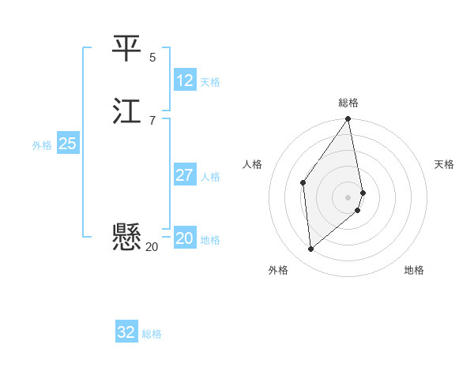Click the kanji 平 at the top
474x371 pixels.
126,48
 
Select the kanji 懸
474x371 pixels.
126,236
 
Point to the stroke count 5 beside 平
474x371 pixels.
152,57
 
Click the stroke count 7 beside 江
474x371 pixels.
152,120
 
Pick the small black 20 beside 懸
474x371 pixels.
152,247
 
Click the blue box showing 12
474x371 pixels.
185,81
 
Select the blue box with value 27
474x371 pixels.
185,175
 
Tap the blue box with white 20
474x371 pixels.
185,238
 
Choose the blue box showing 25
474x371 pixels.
67,144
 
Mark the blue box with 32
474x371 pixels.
126,332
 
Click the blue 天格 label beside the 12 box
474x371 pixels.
210,82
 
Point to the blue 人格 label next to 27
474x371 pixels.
210,177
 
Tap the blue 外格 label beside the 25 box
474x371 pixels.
42,145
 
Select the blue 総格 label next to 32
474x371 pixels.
152,334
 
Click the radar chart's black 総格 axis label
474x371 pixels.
348,103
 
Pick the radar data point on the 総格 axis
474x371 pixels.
348,119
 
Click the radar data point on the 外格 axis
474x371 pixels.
311,249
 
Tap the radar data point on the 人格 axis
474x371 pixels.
303,183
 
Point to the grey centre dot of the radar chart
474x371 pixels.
348,197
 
